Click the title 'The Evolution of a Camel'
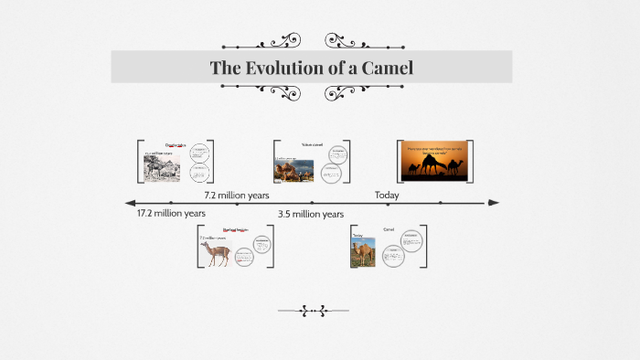pos(311,68)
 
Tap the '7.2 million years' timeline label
pos(236,195)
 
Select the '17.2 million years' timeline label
pos(171,213)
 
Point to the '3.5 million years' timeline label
pos(311,214)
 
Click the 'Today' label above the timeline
pos(387,195)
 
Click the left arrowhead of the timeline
pos(131,203)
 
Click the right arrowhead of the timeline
pos(494,203)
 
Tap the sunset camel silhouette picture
pos(437,161)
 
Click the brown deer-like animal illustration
pos(219,253)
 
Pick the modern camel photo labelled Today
pos(363,252)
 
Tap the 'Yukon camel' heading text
pos(312,144)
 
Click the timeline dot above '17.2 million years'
pos(171,203)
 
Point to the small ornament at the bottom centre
pos(314,311)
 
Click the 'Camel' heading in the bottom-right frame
pos(389,229)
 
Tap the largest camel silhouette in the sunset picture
pos(454,166)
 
